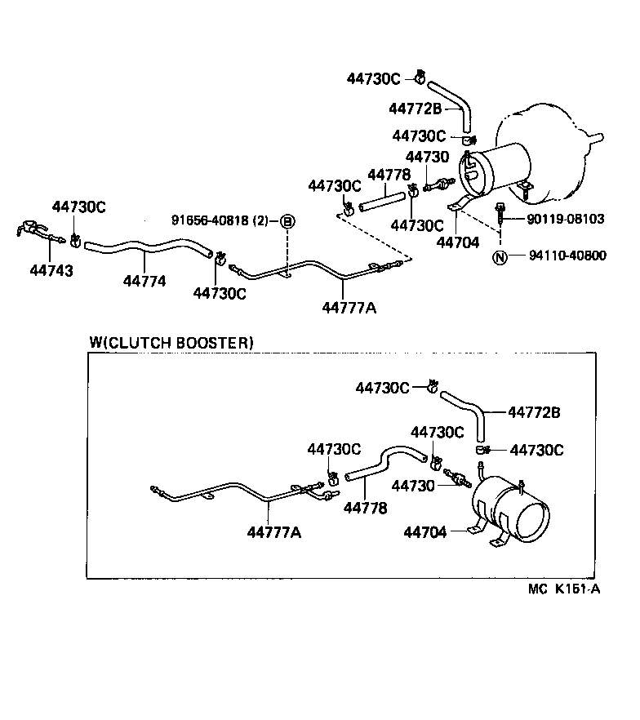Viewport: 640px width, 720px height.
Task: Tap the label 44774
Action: click(144, 282)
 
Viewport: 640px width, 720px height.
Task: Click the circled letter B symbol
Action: click(287, 220)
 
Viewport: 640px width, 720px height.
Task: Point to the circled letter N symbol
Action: click(500, 257)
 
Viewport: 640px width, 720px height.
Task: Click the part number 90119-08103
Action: click(566, 219)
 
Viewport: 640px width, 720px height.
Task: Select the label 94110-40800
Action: click(567, 256)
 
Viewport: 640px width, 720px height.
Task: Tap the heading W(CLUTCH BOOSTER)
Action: click(171, 343)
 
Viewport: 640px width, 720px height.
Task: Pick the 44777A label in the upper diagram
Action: click(349, 308)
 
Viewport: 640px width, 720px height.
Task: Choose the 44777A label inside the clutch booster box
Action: click(274, 533)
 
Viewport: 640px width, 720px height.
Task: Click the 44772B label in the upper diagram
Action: click(415, 109)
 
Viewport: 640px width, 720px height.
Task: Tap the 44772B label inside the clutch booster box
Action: click(534, 413)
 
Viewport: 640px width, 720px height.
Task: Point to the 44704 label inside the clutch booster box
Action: click(424, 532)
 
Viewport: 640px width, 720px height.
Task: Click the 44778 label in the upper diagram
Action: click(389, 175)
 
